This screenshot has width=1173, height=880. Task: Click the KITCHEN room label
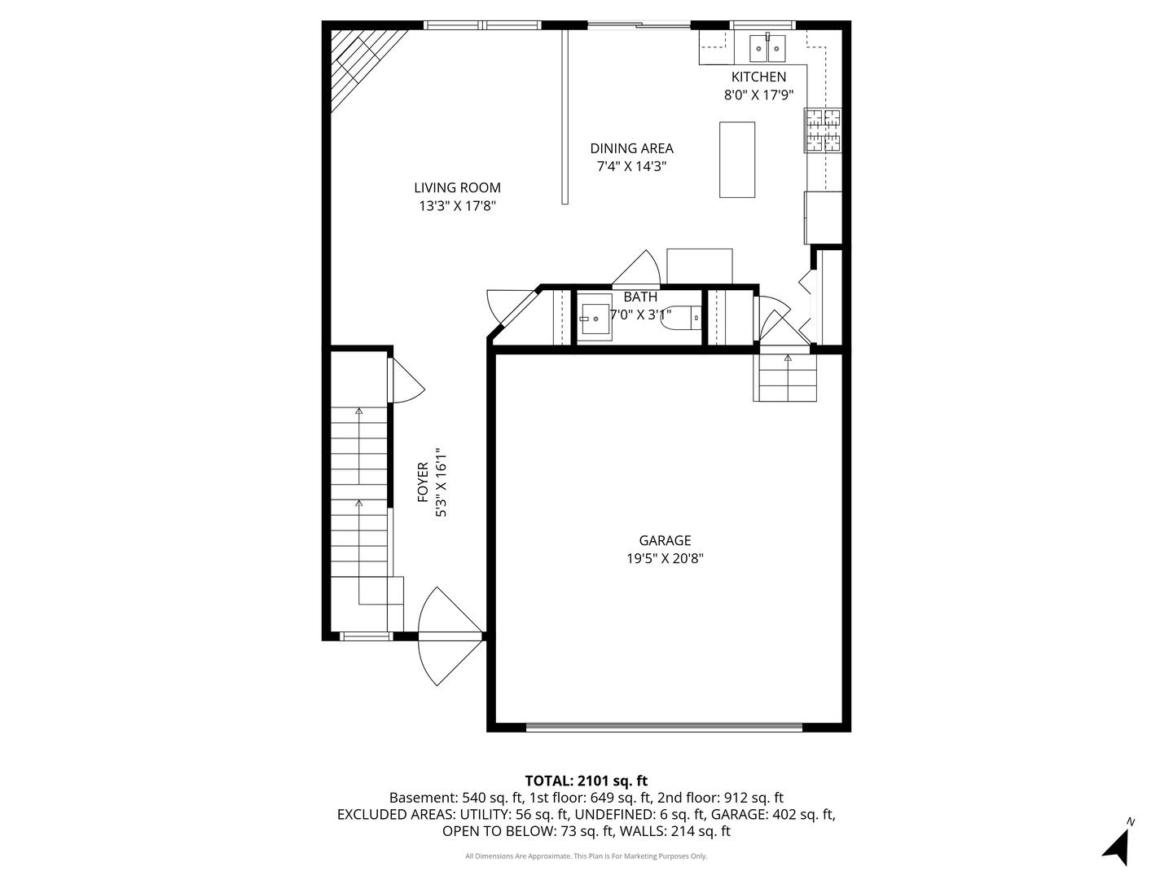coord(758,77)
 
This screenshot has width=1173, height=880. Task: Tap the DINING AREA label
coord(631,148)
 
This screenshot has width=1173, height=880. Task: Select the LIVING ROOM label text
coord(458,187)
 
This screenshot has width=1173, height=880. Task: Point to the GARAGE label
coord(665,540)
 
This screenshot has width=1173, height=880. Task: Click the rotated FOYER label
coord(423,482)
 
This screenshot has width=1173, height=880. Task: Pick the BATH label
coord(640,297)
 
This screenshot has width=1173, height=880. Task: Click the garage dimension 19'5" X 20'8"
coord(665,558)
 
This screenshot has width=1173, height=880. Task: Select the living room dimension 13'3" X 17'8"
coord(458,205)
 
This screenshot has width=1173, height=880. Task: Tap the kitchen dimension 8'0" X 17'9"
coord(758,95)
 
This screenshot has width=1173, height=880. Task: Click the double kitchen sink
coord(767,48)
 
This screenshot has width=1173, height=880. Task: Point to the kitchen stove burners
coord(823,130)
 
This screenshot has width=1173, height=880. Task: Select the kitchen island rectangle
coord(737,160)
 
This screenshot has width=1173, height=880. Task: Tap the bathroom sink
coord(595,318)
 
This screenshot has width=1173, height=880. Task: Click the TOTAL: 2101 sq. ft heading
coord(586,781)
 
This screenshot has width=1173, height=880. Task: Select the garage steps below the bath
coord(784,377)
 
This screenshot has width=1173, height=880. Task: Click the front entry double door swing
coord(450,636)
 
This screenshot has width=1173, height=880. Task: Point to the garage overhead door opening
coord(664,727)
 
